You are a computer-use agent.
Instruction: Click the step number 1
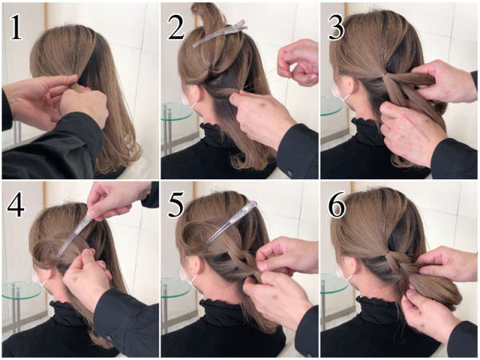tap(16, 28)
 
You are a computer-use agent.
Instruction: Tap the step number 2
tap(176, 28)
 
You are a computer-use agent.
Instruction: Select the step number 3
tap(336, 28)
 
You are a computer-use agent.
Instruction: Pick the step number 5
tap(176, 205)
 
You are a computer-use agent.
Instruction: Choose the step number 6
tap(337, 205)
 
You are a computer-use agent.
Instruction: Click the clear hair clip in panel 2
tap(220, 34)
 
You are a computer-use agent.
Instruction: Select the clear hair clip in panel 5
tap(231, 222)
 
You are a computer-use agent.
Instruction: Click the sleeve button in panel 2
tap(289, 173)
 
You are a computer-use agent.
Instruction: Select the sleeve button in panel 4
tap(110, 338)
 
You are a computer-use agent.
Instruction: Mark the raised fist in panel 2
tap(298, 62)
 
